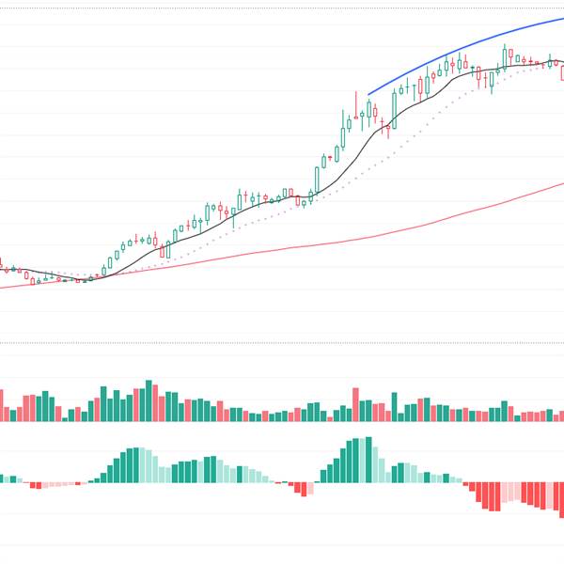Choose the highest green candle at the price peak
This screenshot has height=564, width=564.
(505, 56)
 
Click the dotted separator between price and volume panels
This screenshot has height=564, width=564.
(282, 342)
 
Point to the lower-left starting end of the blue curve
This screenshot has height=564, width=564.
(368, 94)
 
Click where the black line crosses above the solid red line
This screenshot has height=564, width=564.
(94, 275)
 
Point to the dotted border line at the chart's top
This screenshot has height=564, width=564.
(282, 8)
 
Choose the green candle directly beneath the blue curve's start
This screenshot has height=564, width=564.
(369, 112)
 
